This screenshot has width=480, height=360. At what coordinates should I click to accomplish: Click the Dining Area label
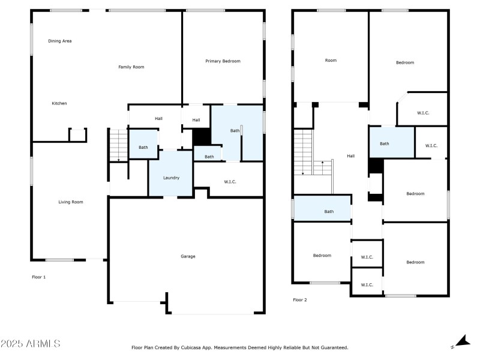click(60, 41)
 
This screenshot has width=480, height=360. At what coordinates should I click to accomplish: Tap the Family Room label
click(131, 67)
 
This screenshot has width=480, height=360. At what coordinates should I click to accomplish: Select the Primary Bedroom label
click(223, 61)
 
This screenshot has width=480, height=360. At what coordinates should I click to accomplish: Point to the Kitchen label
click(59, 104)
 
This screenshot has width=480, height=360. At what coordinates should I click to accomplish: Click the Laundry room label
click(172, 178)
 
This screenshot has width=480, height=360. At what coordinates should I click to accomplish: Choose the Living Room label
click(70, 202)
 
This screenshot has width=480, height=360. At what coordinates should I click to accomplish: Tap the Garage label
click(188, 256)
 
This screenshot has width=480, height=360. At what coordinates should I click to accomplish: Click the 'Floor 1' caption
click(38, 277)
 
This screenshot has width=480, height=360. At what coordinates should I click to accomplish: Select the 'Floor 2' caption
click(300, 299)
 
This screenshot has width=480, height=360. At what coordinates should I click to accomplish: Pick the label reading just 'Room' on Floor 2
click(331, 61)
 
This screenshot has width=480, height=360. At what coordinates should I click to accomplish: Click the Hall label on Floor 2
click(350, 156)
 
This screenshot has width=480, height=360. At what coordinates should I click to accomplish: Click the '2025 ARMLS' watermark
click(30, 344)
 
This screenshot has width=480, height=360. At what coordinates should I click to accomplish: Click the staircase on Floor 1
click(118, 146)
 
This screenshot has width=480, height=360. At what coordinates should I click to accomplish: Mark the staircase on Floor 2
click(304, 154)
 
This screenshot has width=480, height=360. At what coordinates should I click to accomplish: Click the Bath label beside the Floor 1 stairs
click(143, 148)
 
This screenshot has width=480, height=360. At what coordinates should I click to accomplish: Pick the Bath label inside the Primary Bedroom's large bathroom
click(235, 130)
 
